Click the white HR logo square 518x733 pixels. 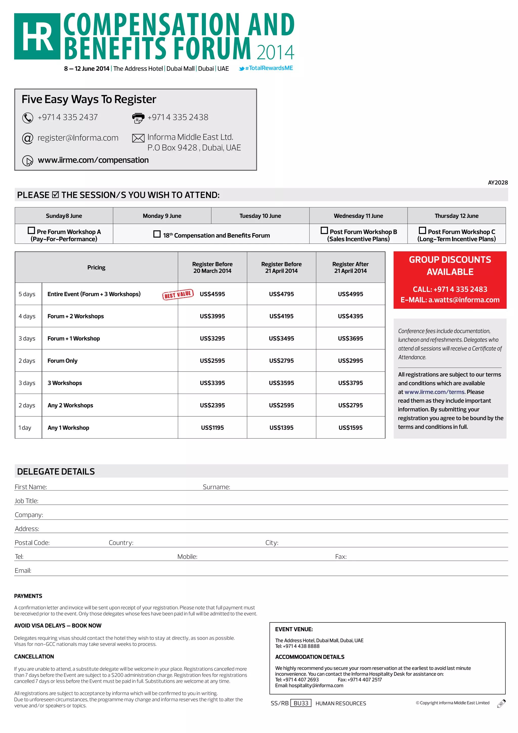click(37, 36)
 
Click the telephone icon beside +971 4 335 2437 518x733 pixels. click(28, 118)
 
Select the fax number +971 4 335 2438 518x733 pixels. click(178, 117)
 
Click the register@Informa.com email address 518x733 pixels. click(78, 138)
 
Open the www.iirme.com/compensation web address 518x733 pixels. click(93, 160)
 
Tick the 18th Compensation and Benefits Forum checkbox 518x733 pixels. click(157, 234)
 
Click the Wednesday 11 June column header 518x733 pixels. click(358, 216)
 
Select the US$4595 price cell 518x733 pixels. click(212, 294)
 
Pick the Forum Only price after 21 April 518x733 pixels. click(350, 361)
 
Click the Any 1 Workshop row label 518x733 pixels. click(68, 428)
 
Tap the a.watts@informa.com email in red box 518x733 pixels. click(464, 300)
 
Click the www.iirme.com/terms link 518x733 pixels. click(435, 392)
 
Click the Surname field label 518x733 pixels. click(216, 487)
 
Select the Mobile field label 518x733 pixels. click(187, 557)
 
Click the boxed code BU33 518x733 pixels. click(301, 703)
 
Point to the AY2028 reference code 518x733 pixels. click(498, 182)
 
